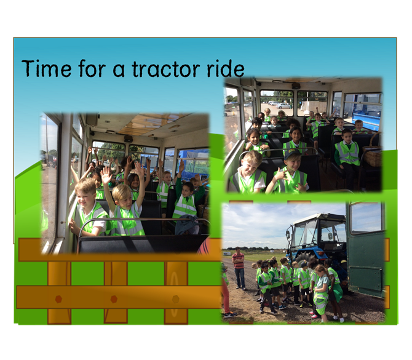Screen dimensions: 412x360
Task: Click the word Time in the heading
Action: click(47, 68)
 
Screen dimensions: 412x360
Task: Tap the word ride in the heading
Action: click(226, 68)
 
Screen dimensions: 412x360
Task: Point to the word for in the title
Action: click(92, 68)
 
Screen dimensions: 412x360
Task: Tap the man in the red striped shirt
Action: click(239, 268)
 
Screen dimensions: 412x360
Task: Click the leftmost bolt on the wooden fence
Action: click(58, 299)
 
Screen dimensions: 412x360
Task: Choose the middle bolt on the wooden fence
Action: click(114, 299)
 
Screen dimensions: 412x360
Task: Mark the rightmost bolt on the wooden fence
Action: click(175, 299)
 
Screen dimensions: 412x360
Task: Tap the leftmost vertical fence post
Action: click(59, 292)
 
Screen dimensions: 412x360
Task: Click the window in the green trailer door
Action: click(366, 218)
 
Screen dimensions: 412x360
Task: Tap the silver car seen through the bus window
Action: click(283, 106)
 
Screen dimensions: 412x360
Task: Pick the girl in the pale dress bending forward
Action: click(322, 292)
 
